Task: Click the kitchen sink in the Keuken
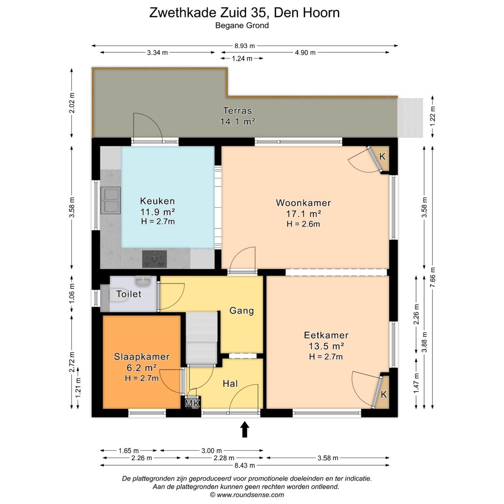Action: tap(111, 200)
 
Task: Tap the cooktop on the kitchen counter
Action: tap(154, 259)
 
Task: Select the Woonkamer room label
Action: tap(303, 203)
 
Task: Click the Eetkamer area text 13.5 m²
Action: tap(326, 346)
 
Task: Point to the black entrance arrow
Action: tap(245, 429)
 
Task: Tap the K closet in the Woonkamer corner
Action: tap(382, 157)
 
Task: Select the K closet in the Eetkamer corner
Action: tap(383, 394)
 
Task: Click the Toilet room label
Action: tap(129, 294)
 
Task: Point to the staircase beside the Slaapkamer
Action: tap(202, 337)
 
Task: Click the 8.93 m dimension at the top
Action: tap(245, 46)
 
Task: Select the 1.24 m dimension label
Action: tap(242, 58)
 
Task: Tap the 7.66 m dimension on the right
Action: tap(434, 279)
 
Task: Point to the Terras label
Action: tap(237, 111)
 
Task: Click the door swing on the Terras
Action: tap(147, 127)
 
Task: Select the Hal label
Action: tap(230, 384)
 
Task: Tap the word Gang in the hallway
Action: tap(241, 311)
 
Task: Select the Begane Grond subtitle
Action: tap(242, 26)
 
